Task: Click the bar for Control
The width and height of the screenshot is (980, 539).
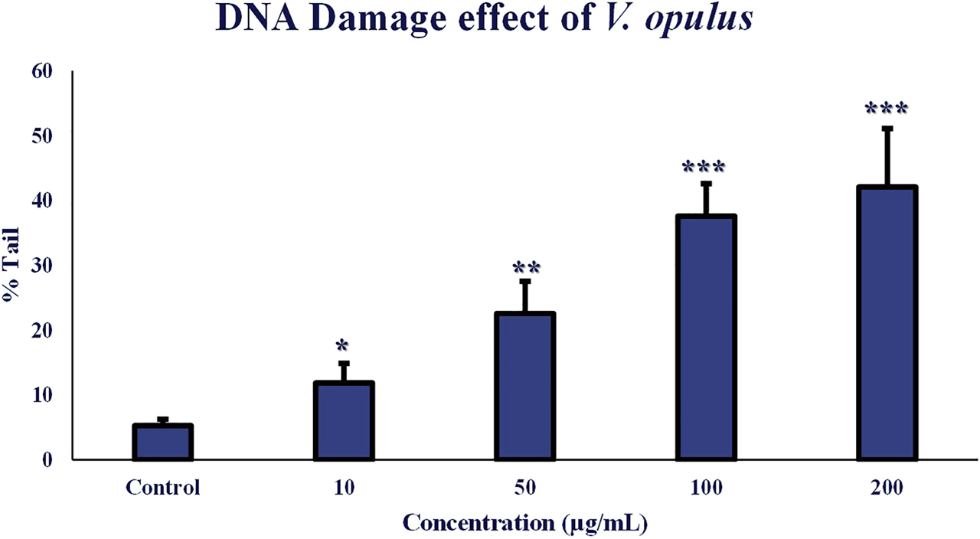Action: pos(162,443)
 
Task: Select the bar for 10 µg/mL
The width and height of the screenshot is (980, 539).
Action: pos(344,421)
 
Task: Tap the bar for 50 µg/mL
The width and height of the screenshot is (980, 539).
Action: pos(524,387)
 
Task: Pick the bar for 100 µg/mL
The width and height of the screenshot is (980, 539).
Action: pos(706,338)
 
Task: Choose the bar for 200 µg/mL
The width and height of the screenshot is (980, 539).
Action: pos(887,322)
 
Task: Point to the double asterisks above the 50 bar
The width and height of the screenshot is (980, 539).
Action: pos(526,268)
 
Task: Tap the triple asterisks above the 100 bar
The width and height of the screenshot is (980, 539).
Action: pos(704,168)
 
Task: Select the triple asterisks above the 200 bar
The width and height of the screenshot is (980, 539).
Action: pos(886,109)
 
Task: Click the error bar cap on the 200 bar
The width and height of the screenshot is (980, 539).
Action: pos(887,128)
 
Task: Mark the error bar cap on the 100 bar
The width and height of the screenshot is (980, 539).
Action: pos(706,183)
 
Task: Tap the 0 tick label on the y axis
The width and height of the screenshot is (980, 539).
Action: pos(47,460)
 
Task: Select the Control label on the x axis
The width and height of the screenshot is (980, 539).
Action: pos(162,488)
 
